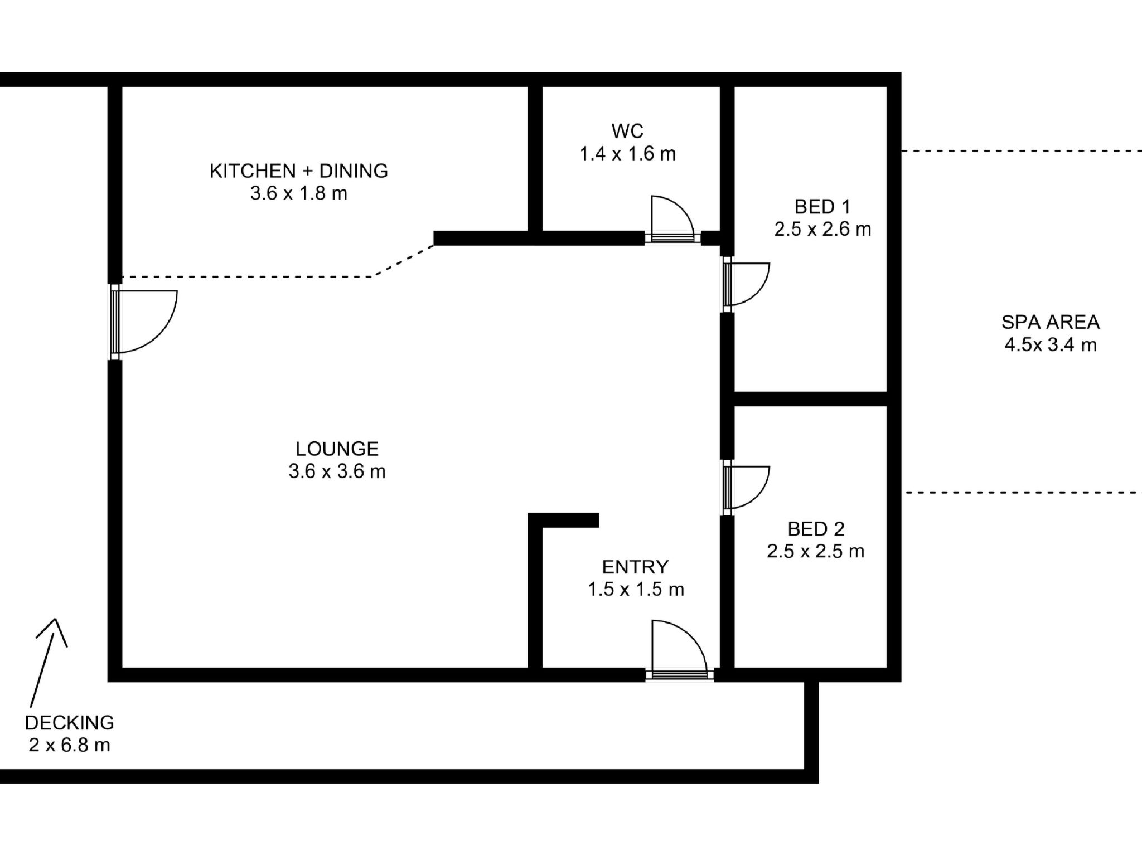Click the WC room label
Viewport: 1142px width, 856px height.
click(627, 132)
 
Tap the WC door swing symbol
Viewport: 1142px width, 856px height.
click(671, 218)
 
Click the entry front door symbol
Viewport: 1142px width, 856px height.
click(678, 649)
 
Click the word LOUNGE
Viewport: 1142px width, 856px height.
click(337, 449)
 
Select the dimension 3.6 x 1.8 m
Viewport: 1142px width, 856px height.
click(298, 193)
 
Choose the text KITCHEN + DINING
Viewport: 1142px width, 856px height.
click(298, 171)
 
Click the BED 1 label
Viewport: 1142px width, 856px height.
click(822, 207)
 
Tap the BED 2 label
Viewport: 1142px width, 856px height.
click(816, 528)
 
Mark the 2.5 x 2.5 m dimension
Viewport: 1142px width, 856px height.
click(815, 551)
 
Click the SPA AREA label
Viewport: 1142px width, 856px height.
click(1051, 322)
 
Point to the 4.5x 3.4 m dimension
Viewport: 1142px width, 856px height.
click(1051, 345)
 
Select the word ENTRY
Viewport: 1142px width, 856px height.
click(635, 567)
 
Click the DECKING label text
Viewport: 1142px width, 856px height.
click(69, 723)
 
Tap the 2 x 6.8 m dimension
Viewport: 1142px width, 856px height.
click(69, 745)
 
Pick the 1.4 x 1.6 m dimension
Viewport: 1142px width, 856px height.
click(627, 154)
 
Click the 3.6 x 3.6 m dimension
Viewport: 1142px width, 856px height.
click(337, 471)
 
